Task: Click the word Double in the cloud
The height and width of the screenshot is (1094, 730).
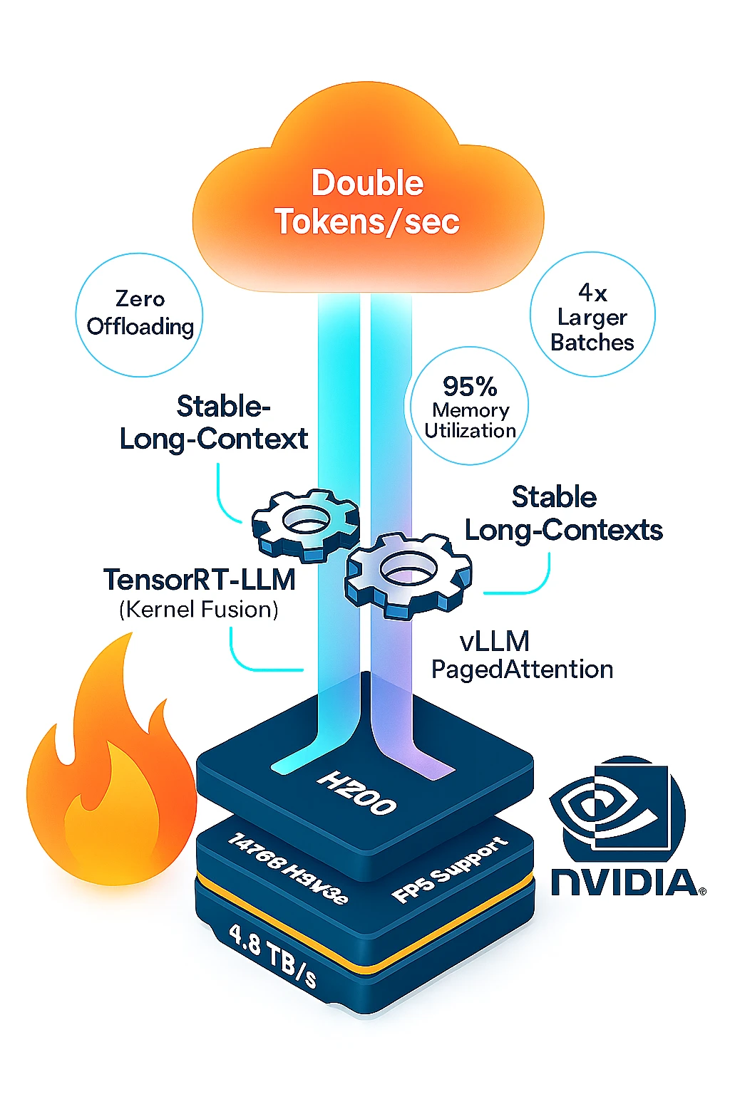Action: pyautogui.click(x=367, y=183)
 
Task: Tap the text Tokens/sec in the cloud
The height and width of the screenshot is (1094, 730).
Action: pyautogui.click(x=367, y=222)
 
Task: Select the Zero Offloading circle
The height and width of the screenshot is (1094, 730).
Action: pyautogui.click(x=140, y=313)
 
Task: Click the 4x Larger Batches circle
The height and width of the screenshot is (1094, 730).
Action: pyautogui.click(x=592, y=316)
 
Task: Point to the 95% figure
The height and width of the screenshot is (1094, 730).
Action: pyautogui.click(x=470, y=387)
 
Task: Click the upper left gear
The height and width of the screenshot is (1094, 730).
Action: pyautogui.click(x=305, y=523)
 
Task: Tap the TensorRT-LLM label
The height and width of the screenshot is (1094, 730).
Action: pyautogui.click(x=200, y=580)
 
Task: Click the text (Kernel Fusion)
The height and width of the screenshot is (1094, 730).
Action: pyautogui.click(x=199, y=610)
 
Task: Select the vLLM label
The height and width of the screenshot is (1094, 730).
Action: pyautogui.click(x=495, y=642)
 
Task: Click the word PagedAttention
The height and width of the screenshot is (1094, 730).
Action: pyautogui.click(x=522, y=670)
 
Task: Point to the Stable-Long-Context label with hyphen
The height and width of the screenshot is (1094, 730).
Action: pyautogui.click(x=214, y=422)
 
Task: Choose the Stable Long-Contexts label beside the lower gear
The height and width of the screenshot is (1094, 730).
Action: pyautogui.click(x=563, y=514)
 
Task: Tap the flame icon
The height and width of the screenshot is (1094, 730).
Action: pyautogui.click(x=110, y=773)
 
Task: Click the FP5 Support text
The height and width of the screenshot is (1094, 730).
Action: pyautogui.click(x=451, y=870)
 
